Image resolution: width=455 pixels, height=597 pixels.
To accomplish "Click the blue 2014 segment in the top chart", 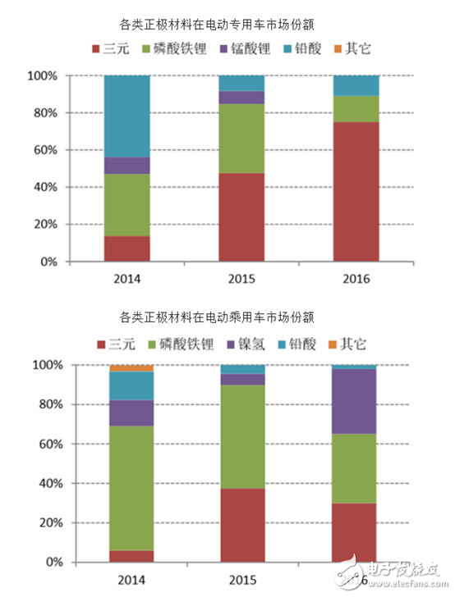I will pyautogui.click(x=127, y=116).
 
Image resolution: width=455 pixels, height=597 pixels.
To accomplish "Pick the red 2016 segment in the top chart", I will pyautogui.click(x=356, y=192).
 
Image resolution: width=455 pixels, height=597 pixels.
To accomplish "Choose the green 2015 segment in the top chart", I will pyautogui.click(x=242, y=138).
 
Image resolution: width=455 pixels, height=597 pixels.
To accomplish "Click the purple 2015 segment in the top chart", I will pyautogui.click(x=242, y=97).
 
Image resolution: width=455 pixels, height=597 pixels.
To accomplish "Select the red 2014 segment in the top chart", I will pyautogui.click(x=127, y=248).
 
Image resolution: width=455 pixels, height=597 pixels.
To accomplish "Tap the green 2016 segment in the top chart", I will pyautogui.click(x=356, y=109).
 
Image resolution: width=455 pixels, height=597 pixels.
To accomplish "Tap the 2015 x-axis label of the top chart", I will pyautogui.click(x=242, y=279).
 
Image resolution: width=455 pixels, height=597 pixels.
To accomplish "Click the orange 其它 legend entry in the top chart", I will pyautogui.click(x=351, y=48).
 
